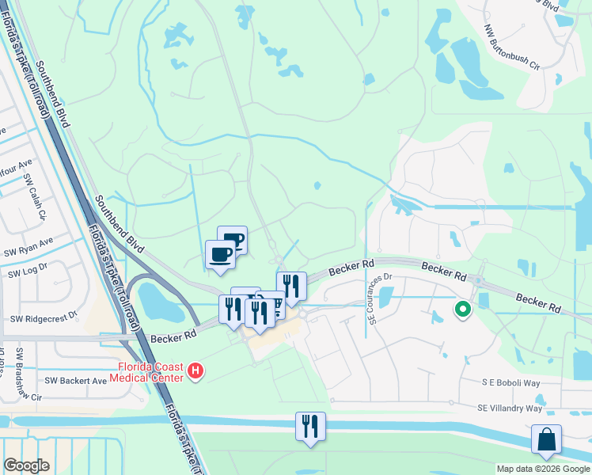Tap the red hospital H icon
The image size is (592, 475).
tap(195, 370)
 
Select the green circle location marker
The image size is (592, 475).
tap(462, 310)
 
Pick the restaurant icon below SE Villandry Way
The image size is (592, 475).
tap(310, 426)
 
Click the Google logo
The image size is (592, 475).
tap(26, 465)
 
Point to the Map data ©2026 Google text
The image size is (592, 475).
tap(543, 469)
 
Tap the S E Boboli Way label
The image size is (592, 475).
tap(510, 382)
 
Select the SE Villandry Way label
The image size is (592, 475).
tap(510, 408)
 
